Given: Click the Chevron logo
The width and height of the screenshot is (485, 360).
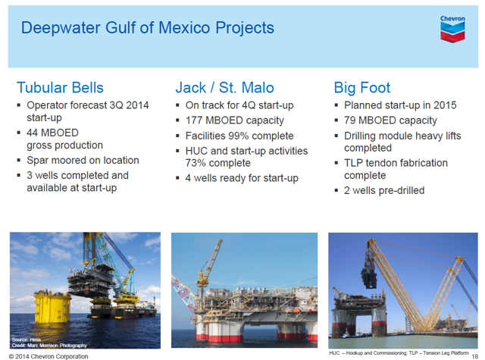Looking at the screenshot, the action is point(452,29).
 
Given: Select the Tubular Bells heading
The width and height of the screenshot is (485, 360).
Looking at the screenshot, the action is point(60,87).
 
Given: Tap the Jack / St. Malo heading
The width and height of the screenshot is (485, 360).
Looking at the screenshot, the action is point(224,87).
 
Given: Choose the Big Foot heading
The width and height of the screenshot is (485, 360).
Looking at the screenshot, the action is point(362,88).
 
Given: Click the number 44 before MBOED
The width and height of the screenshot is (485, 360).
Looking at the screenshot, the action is point(33,133).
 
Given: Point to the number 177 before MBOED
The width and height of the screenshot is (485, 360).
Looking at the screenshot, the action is point(194,121).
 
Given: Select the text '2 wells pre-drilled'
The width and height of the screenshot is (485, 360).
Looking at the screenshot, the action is point(384,190).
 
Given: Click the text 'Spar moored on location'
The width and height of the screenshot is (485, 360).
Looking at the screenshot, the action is point(83,160).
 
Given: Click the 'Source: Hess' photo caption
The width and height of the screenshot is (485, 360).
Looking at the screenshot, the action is point(27,340).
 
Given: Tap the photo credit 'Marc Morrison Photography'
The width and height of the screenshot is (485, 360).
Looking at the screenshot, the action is point(57,345).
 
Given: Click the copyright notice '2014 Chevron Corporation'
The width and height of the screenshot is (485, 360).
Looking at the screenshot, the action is point(48,357).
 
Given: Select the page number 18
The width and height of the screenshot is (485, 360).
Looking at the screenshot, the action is point(475,357).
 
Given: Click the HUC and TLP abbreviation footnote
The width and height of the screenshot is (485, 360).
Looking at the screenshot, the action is point(399,353).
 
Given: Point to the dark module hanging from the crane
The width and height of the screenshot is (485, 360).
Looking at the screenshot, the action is point(369,274).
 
